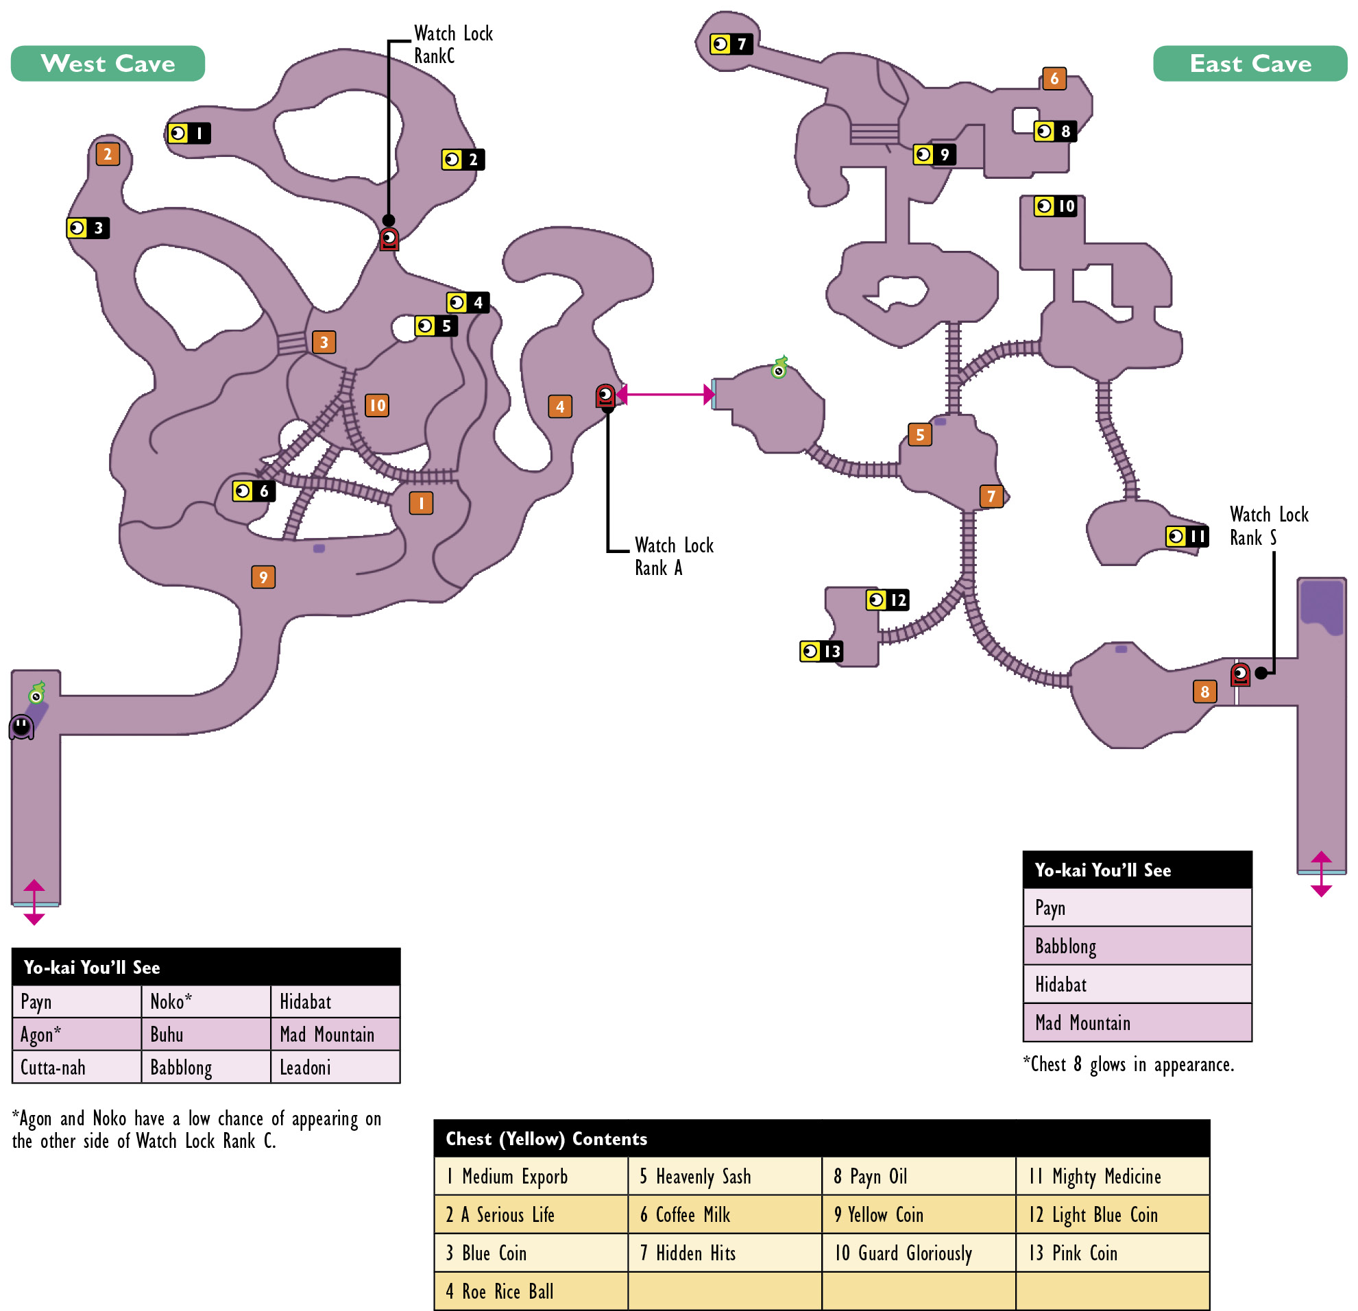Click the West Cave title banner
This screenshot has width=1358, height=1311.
(108, 64)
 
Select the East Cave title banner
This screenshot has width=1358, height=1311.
(1250, 64)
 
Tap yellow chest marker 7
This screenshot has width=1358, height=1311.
(731, 45)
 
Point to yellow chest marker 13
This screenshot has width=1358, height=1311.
(821, 651)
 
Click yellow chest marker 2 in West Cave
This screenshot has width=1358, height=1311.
(463, 160)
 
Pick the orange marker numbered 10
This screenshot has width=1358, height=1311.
(377, 405)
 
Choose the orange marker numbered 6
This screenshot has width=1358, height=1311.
(1054, 78)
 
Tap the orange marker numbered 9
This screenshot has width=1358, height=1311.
(263, 577)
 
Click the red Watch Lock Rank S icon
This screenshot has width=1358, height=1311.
(1240, 674)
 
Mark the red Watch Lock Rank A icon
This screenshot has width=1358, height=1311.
(605, 396)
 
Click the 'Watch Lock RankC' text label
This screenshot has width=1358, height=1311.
(454, 45)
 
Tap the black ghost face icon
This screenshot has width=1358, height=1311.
(21, 726)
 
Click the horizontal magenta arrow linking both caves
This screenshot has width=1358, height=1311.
(665, 395)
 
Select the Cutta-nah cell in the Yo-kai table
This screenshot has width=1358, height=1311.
(76, 1066)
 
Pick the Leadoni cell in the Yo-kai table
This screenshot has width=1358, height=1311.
(335, 1066)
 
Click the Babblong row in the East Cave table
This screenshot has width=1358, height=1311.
(1138, 946)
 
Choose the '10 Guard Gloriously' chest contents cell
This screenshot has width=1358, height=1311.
(919, 1253)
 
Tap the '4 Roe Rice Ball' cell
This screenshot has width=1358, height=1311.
(531, 1292)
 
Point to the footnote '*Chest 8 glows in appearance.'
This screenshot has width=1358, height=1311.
(1128, 1064)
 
